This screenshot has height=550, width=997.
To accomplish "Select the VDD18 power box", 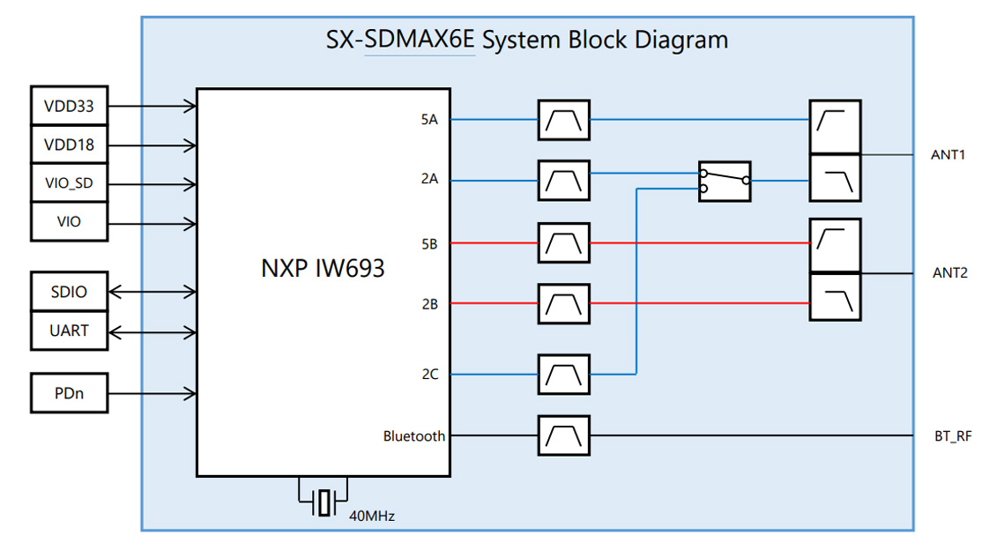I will tap(69, 145).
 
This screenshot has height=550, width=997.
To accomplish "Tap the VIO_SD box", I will tap(69, 183).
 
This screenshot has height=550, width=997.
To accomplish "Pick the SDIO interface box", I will tap(69, 291).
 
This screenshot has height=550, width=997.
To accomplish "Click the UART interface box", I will tap(69, 331).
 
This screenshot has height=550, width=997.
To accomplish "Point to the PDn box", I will tap(69, 393).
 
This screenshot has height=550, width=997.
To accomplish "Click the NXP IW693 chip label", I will tap(323, 268).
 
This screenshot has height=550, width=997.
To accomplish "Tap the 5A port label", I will tap(429, 119).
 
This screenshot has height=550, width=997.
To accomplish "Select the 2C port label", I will tap(429, 374).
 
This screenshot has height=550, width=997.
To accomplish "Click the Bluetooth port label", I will tap(413, 435).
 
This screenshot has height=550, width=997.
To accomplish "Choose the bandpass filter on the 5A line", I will tap(563, 120).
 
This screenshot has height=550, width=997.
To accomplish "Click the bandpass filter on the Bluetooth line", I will tap(563, 435).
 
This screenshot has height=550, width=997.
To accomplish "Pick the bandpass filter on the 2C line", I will tap(563, 375).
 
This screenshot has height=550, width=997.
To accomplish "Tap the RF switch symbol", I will tap(725, 182).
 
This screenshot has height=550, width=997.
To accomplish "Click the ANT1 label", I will tap(949, 155).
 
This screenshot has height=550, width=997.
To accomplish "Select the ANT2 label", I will tap(949, 272).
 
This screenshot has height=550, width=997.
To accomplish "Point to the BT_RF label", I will tap(952, 435).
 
